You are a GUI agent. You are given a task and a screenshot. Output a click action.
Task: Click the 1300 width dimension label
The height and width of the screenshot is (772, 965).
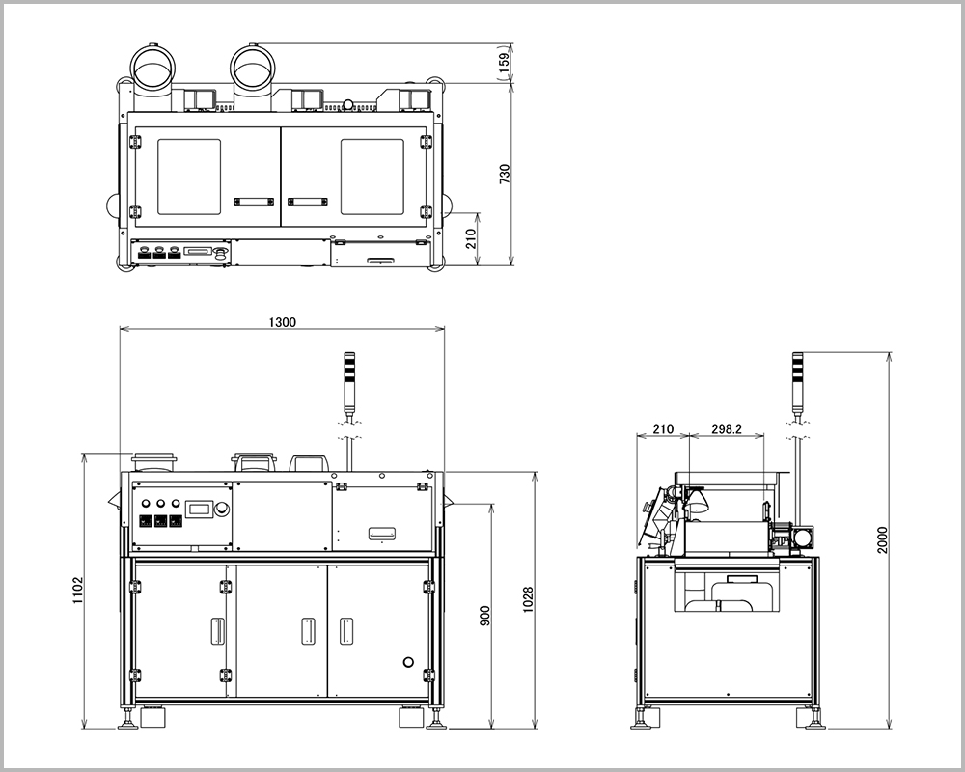[283, 322]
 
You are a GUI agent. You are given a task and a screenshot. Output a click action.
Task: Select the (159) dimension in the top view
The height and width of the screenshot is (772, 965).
[505, 64]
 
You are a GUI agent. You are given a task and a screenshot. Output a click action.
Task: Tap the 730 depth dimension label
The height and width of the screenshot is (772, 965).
[505, 175]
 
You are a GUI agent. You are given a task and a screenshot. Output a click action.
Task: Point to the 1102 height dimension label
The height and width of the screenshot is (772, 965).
[78, 590]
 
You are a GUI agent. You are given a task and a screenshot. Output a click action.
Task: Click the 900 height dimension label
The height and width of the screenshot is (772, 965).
[485, 617]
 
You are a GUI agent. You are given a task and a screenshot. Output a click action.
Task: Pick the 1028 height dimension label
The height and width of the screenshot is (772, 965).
[528, 599]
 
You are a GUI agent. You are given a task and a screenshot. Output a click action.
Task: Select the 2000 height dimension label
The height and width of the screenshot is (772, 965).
[883, 539]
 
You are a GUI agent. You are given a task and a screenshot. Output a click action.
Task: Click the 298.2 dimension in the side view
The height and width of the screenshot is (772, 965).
[727, 429]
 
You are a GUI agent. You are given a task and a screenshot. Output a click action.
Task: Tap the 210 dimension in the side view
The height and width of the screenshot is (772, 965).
[663, 429]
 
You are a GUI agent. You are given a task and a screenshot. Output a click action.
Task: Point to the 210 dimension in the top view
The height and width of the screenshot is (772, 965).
[471, 238]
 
